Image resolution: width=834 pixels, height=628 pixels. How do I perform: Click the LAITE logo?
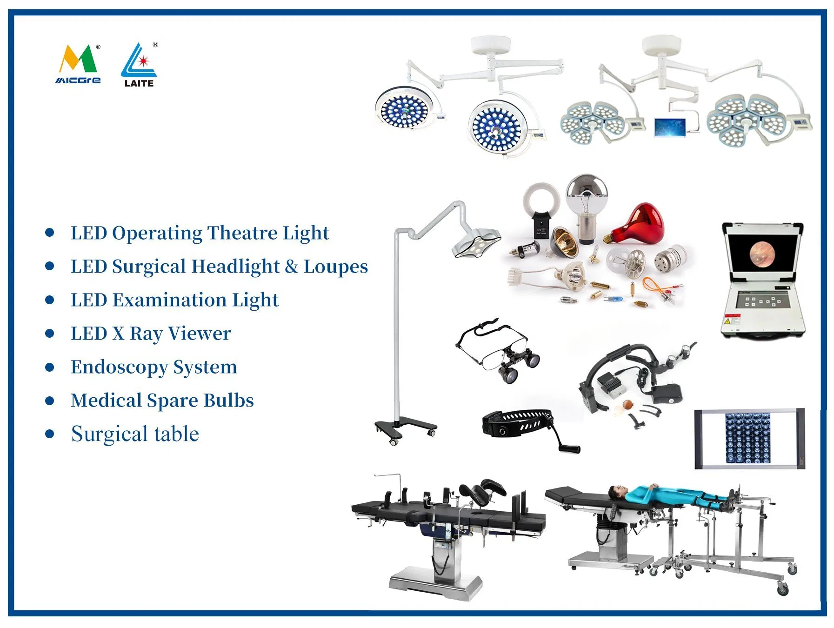coord(139,66)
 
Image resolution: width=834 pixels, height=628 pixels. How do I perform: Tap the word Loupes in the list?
coord(335,267)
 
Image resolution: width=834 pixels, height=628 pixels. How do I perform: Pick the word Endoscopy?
coord(120,367)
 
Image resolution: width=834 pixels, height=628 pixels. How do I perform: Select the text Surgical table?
coord(135,434)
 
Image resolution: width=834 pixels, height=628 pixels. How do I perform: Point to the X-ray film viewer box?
coord(749,439)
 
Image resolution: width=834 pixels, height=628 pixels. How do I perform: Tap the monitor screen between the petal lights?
coord(669,127)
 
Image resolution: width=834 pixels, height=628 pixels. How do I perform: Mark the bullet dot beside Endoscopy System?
coord(50,367)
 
